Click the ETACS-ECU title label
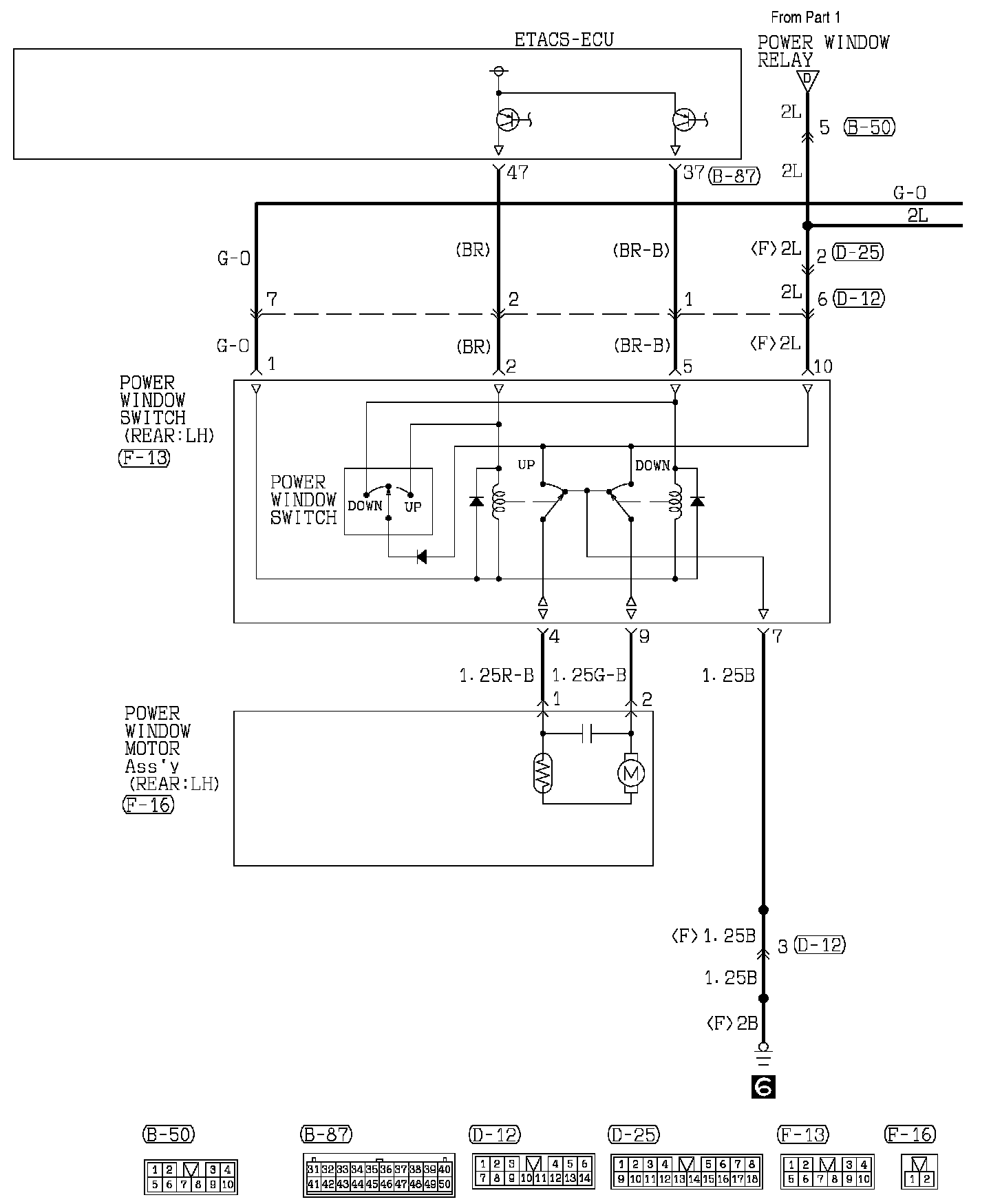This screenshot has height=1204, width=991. tap(564, 39)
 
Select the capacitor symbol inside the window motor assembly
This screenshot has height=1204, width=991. tap(587, 734)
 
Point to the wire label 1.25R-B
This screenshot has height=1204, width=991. tap(497, 676)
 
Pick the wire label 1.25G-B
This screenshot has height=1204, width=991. tap(589, 676)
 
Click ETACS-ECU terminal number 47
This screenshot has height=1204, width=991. tap(517, 172)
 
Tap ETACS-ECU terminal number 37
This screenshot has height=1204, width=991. tap(694, 172)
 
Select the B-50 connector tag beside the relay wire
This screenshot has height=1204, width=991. tap(870, 127)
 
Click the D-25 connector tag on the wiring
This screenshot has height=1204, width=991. tap(857, 253)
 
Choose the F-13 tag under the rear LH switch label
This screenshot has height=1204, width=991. tap(144, 458)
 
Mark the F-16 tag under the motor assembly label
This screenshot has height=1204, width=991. tap(148, 805)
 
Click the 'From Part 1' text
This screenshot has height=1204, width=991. tap(806, 17)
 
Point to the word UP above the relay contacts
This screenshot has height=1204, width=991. tap(526, 465)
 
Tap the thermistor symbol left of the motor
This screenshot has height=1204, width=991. tap(543, 773)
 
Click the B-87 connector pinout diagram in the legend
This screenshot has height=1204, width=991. tap(379, 1176)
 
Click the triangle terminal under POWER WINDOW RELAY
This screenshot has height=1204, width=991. tap(807, 81)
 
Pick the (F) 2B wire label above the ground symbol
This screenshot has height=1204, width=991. tap(732, 1024)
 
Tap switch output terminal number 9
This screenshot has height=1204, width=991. tap(643, 637)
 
